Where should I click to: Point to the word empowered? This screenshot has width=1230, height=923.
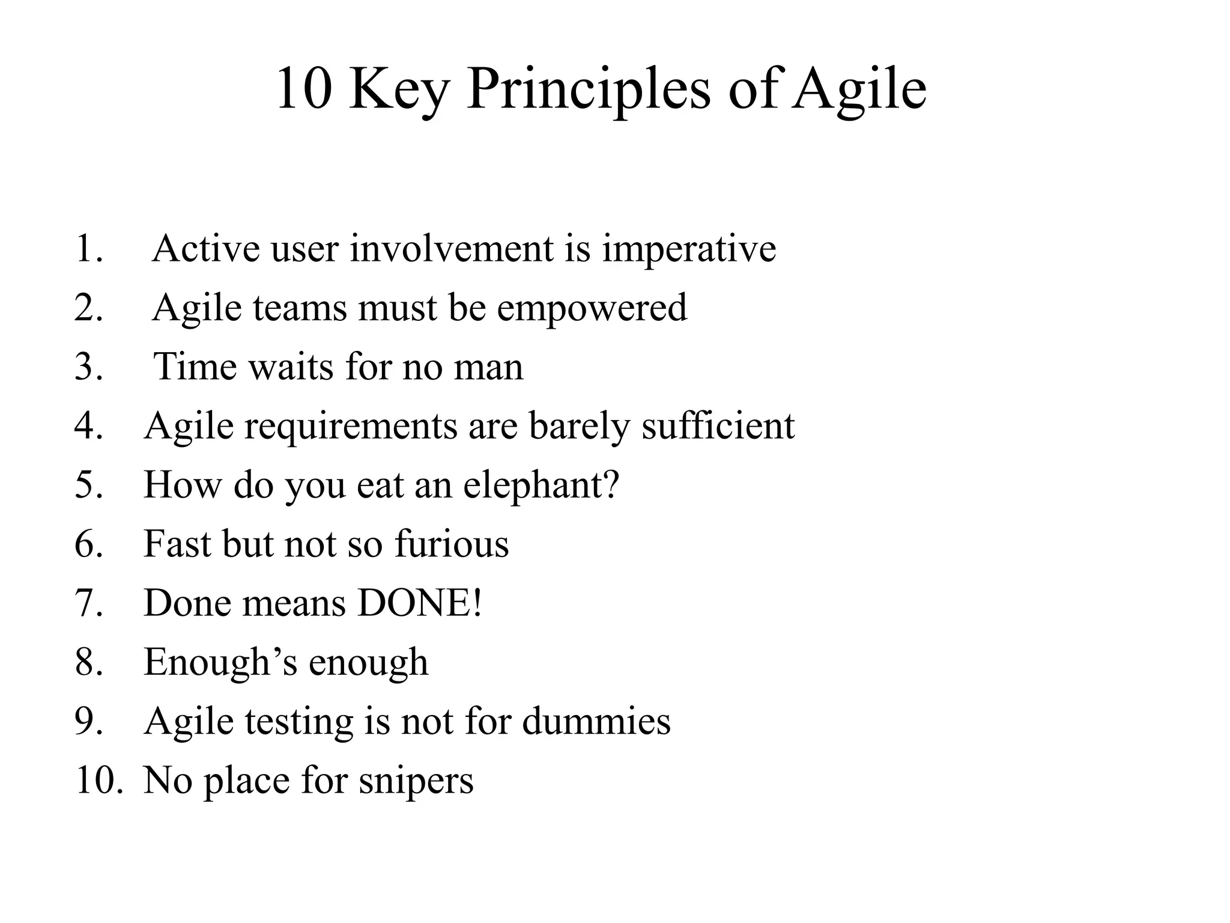tap(592, 308)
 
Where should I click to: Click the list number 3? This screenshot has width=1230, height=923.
tap(89, 367)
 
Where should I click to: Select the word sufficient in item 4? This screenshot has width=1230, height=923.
tap(718, 425)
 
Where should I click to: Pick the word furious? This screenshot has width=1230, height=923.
tap(452, 544)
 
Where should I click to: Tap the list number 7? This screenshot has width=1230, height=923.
tap(89, 603)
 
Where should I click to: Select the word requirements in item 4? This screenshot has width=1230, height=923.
tap(351, 425)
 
